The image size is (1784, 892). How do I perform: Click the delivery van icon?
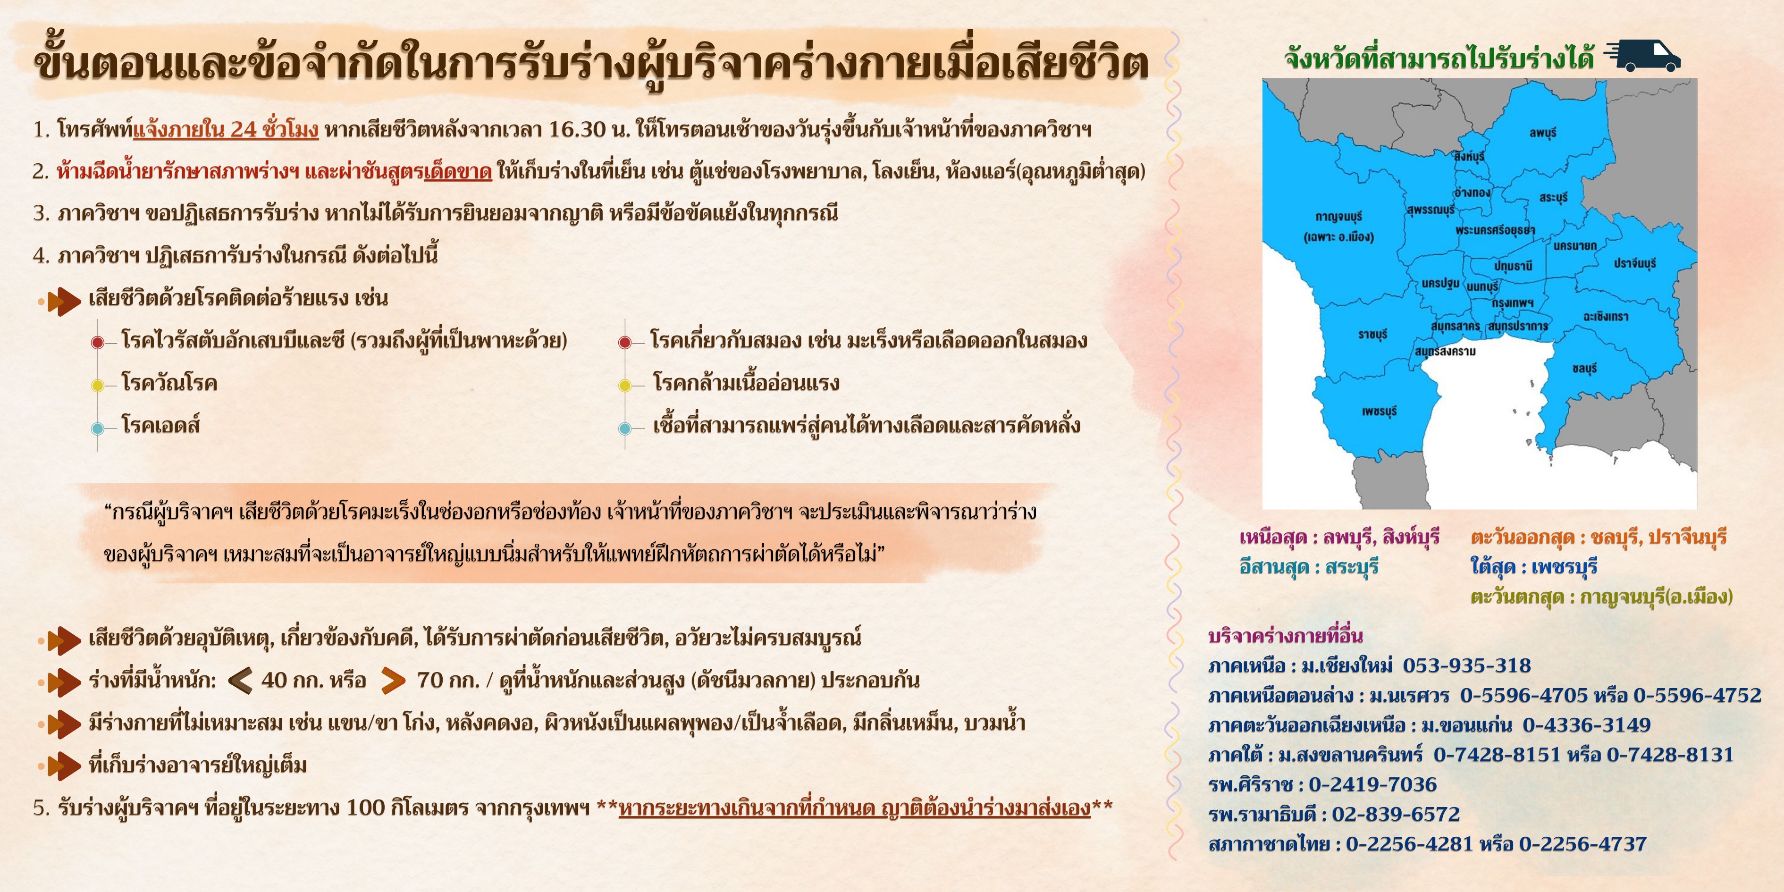(x=1643, y=55)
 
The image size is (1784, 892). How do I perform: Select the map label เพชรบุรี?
(x=1380, y=412)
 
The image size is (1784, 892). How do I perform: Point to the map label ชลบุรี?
(x=1584, y=369)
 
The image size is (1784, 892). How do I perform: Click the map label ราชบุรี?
(x=1372, y=335)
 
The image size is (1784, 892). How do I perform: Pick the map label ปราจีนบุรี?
(x=1634, y=264)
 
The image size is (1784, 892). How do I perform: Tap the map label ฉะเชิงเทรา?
(x=1605, y=317)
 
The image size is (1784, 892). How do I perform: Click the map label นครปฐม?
(x=1440, y=283)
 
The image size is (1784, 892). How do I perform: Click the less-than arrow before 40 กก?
(x=240, y=681)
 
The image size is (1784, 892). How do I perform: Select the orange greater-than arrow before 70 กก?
(x=393, y=681)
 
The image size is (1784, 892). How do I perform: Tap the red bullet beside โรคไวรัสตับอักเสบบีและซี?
(x=98, y=342)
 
